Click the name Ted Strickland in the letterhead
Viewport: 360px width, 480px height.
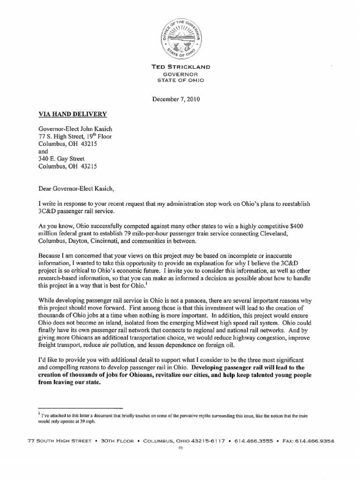[x=180, y=67]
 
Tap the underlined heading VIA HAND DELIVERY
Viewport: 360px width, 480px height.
[x=72, y=114]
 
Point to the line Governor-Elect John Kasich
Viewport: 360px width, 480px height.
[x=75, y=129]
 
